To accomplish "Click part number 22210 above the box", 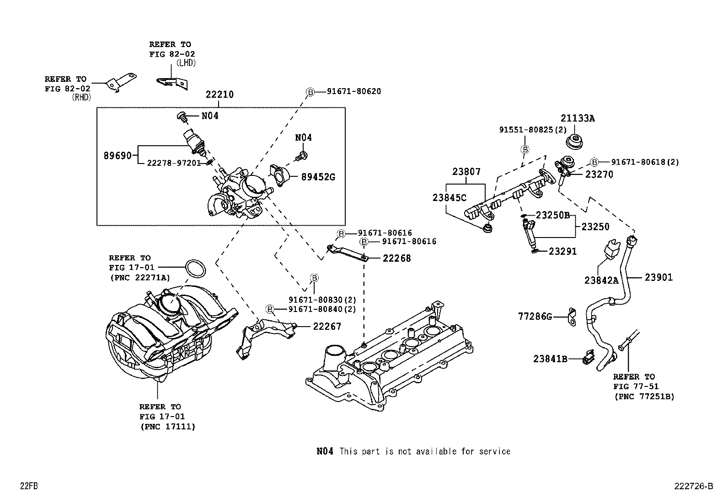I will [x=219, y=95].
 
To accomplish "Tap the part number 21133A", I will [x=578, y=118].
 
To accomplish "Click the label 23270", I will [x=599, y=174].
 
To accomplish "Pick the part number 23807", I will [x=466, y=172].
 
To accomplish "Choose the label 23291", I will [x=562, y=251].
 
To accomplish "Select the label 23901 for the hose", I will [x=658, y=277].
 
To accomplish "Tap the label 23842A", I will [x=601, y=280].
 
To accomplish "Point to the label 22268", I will [x=396, y=258].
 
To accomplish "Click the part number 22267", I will [x=327, y=327].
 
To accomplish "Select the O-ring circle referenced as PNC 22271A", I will [x=195, y=269].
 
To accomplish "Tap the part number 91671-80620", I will [x=353, y=91].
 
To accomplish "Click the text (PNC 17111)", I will [x=167, y=427].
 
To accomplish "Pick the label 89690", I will [x=117, y=156].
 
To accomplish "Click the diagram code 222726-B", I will [x=693, y=486].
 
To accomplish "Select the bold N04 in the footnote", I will [x=325, y=451].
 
